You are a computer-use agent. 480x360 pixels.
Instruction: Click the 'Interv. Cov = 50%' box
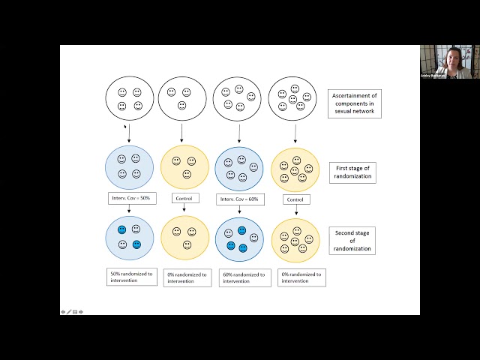[x=129, y=199]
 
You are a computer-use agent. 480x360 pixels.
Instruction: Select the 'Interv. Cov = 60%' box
[x=239, y=199]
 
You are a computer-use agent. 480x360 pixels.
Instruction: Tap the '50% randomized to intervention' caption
[x=129, y=277]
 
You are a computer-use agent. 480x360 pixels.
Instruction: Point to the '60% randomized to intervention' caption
[x=242, y=277]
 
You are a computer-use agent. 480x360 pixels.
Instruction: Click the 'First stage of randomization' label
[x=351, y=172]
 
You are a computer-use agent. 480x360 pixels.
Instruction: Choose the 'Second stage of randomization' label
[x=351, y=241]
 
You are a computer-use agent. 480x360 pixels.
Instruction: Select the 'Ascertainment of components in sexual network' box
[x=355, y=103]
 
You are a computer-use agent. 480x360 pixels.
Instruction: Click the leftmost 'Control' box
[x=184, y=199]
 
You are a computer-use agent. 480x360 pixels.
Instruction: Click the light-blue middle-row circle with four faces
[x=129, y=167]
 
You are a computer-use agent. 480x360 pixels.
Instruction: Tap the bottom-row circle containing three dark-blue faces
[x=239, y=238]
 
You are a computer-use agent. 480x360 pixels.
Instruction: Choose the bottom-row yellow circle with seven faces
[x=295, y=239]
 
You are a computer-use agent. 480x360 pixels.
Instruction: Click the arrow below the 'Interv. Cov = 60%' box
[x=239, y=211]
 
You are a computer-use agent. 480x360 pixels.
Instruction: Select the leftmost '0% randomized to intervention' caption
[x=187, y=277]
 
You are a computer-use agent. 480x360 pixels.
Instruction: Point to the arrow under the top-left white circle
[x=129, y=133]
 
